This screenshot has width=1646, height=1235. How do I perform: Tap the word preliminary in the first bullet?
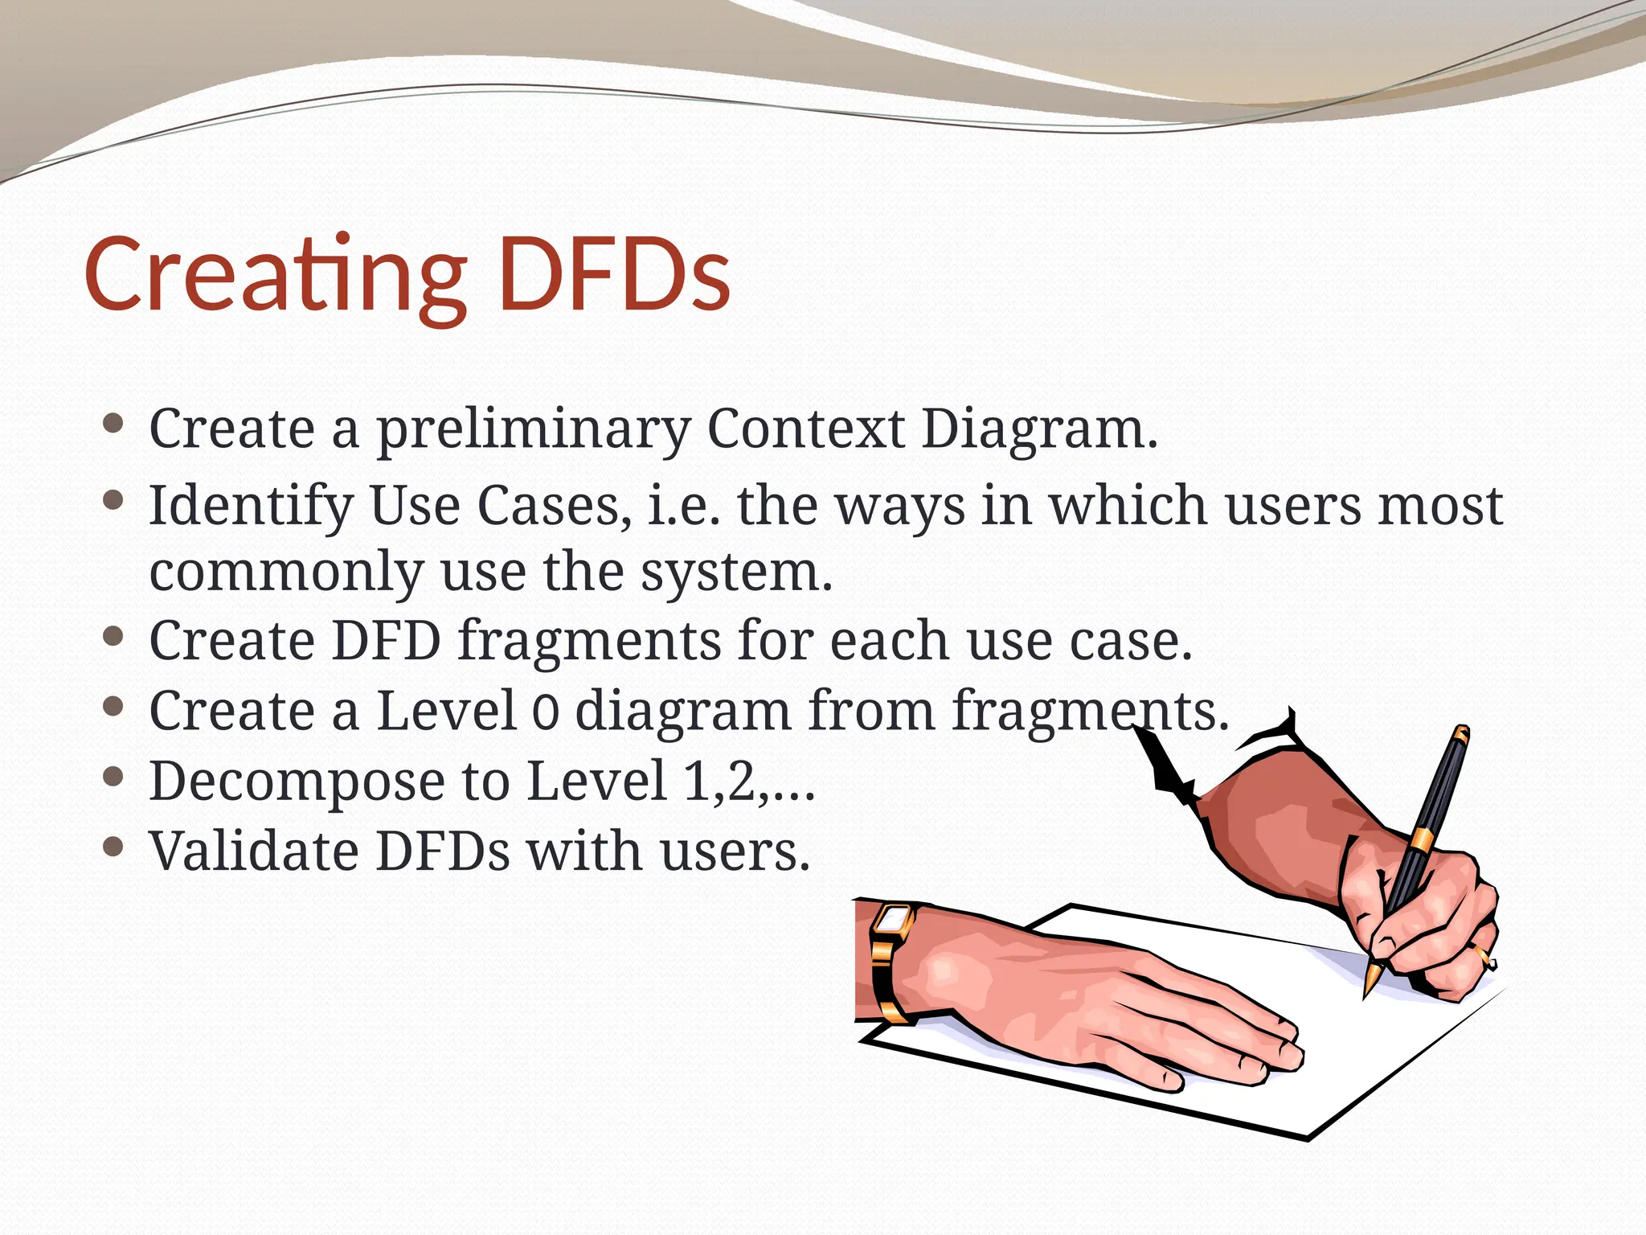point(534,431)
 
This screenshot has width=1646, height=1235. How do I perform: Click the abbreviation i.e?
point(683,507)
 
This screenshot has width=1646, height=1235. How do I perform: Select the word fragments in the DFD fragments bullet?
point(590,641)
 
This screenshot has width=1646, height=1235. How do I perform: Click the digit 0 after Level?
point(546,712)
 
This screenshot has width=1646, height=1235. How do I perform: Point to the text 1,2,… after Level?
point(748,782)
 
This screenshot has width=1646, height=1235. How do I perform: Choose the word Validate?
point(254,851)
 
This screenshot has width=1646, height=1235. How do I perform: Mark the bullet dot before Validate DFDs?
point(113,847)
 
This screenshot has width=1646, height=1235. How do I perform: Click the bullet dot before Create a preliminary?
point(113,424)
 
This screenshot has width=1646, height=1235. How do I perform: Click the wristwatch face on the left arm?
point(892,918)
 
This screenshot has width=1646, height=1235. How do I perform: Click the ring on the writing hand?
point(1484,957)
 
